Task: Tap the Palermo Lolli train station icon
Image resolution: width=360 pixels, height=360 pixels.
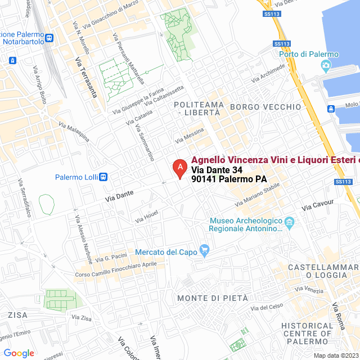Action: point(103,177)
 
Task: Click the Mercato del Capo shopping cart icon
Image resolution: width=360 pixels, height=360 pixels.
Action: point(204,251)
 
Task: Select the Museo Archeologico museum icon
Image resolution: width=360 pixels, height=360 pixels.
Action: point(289,222)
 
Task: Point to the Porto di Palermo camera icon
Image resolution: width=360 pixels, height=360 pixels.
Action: point(326,66)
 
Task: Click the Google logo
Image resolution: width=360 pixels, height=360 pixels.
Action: point(19,353)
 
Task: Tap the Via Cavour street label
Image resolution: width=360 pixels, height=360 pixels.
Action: point(318,205)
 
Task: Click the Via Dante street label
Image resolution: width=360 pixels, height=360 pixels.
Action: point(119,196)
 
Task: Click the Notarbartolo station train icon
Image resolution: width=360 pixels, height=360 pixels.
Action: point(49,38)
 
